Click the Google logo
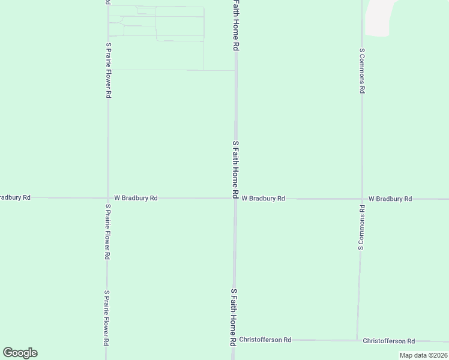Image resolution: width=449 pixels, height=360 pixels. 20,353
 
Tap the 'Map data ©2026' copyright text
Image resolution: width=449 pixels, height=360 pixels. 423,355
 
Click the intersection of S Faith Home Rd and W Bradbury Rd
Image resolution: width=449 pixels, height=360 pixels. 235,198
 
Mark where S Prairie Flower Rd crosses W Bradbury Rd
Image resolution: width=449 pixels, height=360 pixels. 107,197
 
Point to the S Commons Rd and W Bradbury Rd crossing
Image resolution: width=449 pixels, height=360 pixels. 362,198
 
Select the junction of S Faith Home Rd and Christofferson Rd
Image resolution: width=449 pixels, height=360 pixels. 234,340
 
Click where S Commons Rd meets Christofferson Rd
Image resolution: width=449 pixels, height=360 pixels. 357,340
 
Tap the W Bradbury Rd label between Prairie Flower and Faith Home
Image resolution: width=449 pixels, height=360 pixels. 136,197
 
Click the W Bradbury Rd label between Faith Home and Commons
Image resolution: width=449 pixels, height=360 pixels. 263,198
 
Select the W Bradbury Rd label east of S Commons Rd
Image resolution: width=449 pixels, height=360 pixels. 390,199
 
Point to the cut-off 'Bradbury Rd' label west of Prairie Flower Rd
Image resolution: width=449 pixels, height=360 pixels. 15,197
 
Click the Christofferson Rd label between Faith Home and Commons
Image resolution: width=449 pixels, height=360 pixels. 265,340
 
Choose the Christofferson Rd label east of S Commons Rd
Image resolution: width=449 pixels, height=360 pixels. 389,341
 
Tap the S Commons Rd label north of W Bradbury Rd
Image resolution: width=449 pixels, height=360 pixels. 362,71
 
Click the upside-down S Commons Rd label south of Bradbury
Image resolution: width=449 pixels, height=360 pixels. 361,227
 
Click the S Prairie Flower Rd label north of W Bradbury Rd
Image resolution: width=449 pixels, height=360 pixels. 108,70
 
